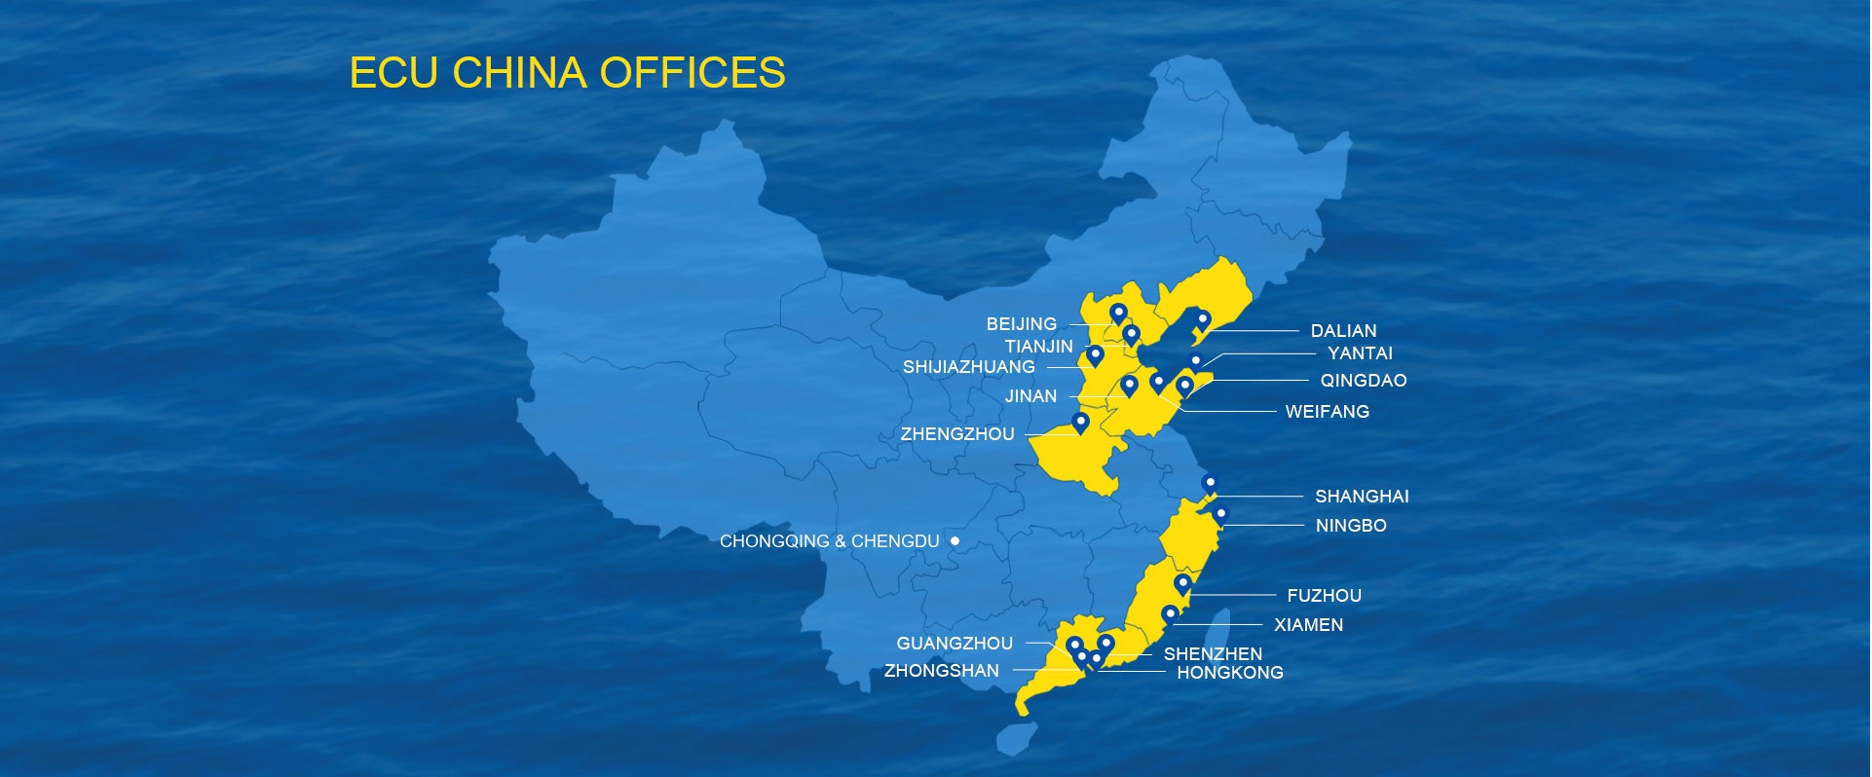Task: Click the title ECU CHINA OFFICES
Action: (x=567, y=73)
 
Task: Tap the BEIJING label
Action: (x=1021, y=324)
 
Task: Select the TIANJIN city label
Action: (x=1038, y=347)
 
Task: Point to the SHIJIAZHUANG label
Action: (x=968, y=367)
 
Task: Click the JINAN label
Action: (x=1030, y=396)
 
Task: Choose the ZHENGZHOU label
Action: (x=956, y=434)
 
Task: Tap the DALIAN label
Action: (x=1343, y=331)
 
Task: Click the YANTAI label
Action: (x=1360, y=353)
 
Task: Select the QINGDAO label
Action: (x=1363, y=381)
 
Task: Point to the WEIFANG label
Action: (x=1327, y=412)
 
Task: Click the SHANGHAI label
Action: (x=1362, y=497)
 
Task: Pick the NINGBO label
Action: (x=1350, y=526)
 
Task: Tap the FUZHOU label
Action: (x=1324, y=596)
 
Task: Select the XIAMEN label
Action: (x=1308, y=625)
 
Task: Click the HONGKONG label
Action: (x=1229, y=673)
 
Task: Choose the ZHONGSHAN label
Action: (x=941, y=671)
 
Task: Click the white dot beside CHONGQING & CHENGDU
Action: (x=955, y=540)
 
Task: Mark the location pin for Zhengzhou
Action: (x=1080, y=423)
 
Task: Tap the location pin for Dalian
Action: (x=1203, y=319)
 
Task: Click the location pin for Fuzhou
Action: (x=1182, y=584)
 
